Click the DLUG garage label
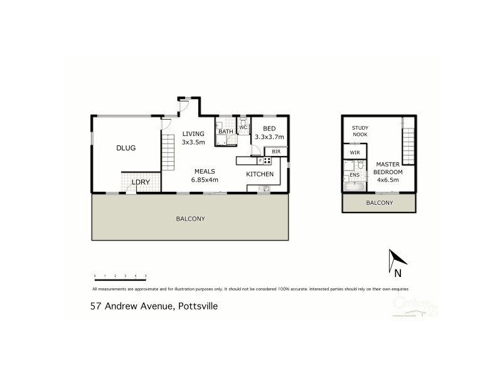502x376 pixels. pos(126,148)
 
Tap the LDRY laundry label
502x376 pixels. pos(139,182)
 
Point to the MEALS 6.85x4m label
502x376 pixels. pos(206,175)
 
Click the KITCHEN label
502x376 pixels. pos(259,174)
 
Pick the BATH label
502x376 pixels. pos(225,131)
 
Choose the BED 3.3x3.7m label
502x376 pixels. pos(269,132)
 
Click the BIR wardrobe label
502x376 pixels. pos(276,152)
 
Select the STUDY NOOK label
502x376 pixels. pos(360,130)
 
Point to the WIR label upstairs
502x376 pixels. pos(355,152)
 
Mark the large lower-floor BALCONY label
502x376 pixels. pos(190,219)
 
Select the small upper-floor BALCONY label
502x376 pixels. pos(379,202)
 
